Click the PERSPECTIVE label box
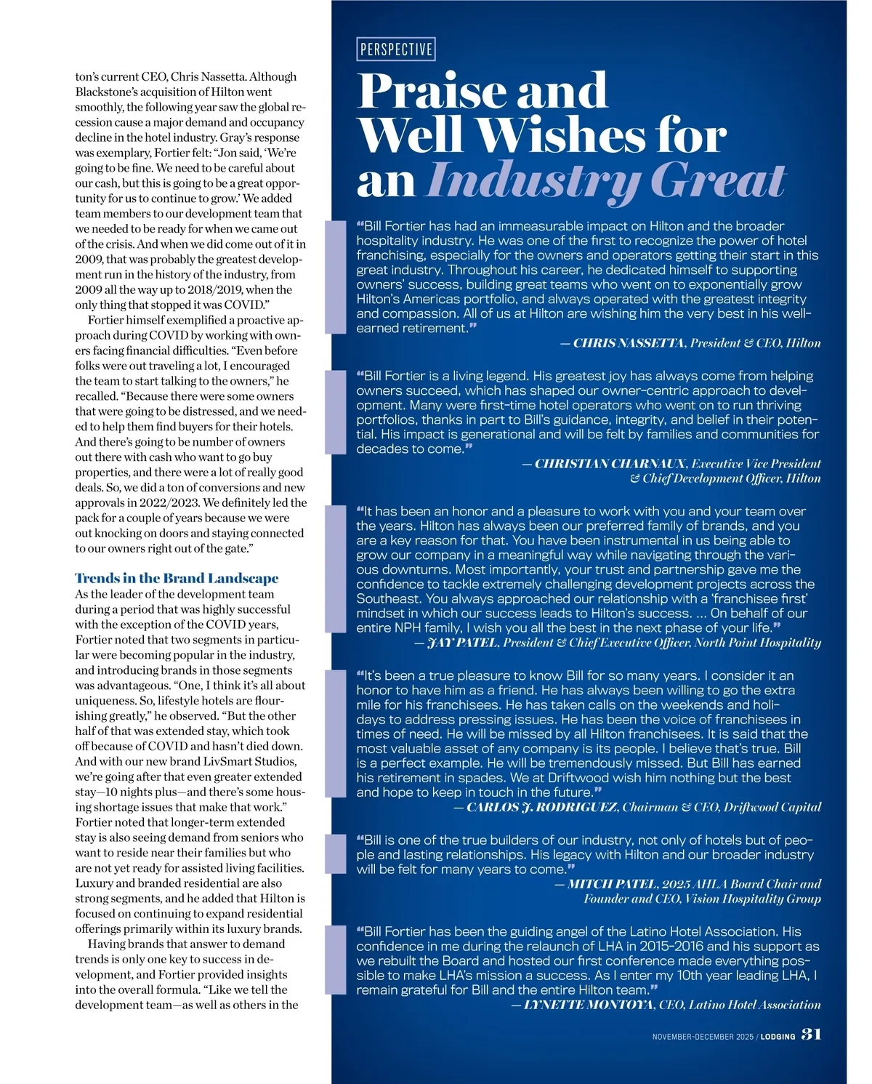point(396,49)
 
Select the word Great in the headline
point(717,180)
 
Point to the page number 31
point(812,1034)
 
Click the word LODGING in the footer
point(778,1037)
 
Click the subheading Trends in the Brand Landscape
point(177,579)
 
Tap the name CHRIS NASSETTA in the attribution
point(629,343)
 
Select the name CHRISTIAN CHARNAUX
point(610,464)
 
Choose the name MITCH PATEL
point(612,884)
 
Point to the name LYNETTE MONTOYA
point(590,1005)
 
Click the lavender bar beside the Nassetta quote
point(335,277)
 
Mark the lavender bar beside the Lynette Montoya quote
point(335,960)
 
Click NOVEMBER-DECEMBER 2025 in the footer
point(703,1037)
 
